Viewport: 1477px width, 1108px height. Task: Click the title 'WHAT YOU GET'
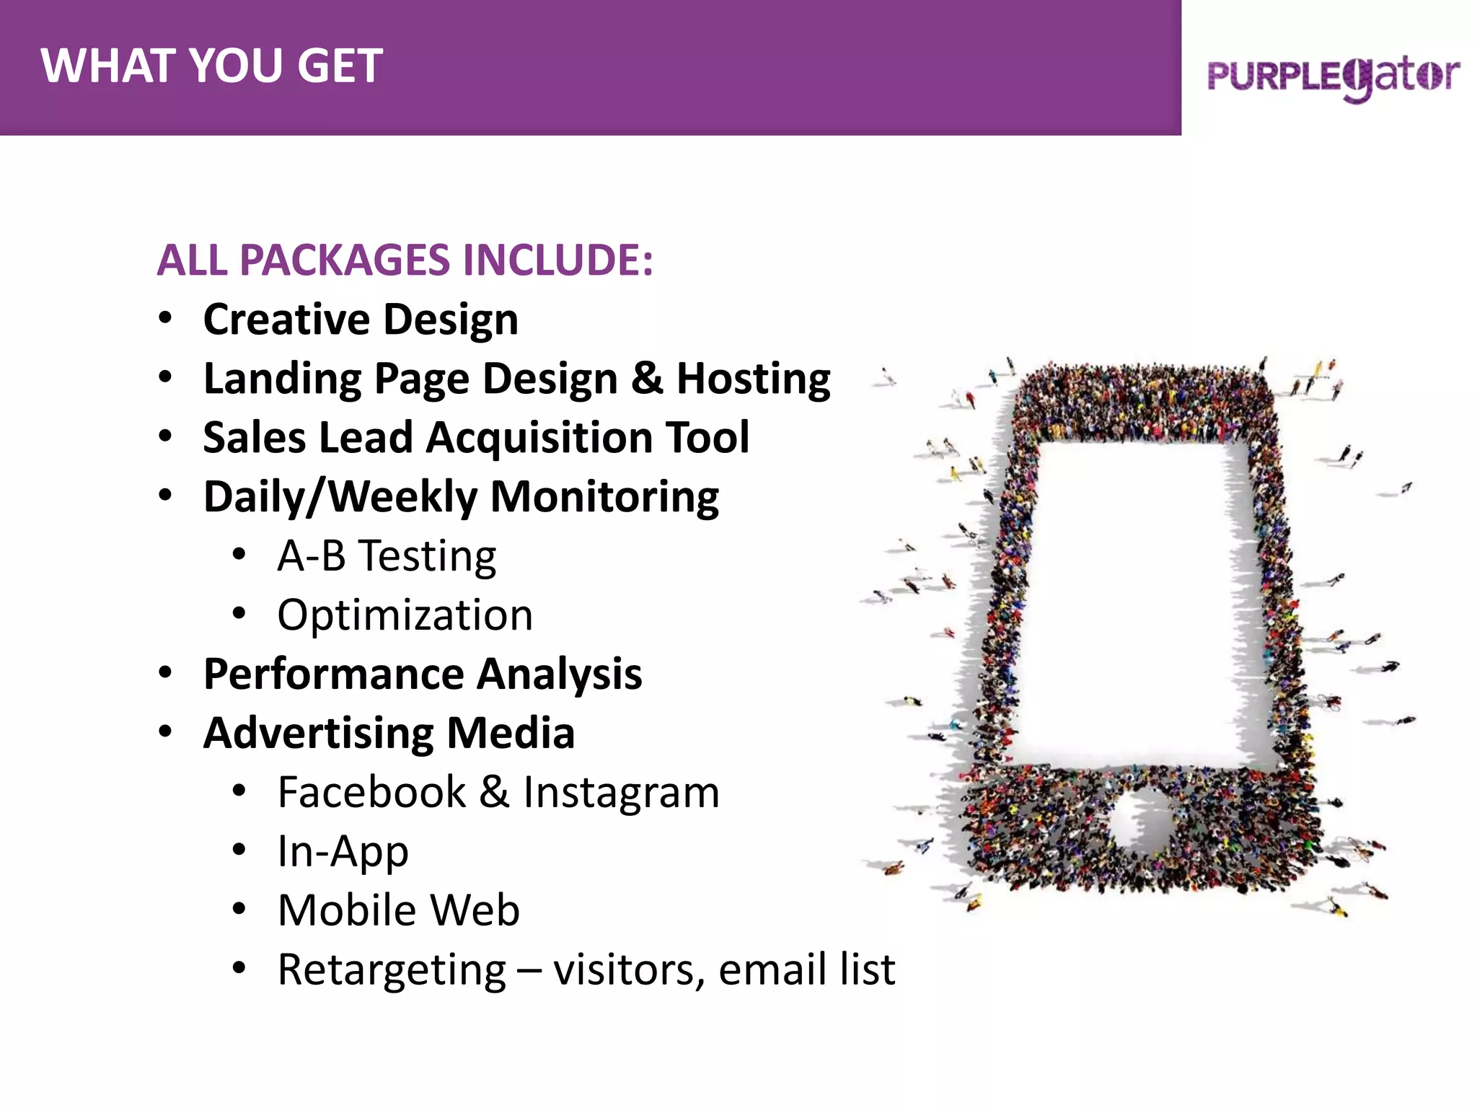tap(211, 66)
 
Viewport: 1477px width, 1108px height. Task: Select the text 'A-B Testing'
tap(387, 555)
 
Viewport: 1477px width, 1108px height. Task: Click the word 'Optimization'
tap(405, 615)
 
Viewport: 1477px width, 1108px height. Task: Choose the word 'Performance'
tap(334, 674)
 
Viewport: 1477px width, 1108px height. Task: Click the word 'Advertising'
tap(318, 733)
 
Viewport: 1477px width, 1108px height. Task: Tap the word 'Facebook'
tap(371, 792)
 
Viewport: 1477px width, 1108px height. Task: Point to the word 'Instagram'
tap(621, 792)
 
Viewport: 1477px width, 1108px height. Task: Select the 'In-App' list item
tap(343, 851)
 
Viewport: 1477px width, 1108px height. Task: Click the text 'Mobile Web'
tap(398, 910)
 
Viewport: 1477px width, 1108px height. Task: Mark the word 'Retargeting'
tap(392, 969)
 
